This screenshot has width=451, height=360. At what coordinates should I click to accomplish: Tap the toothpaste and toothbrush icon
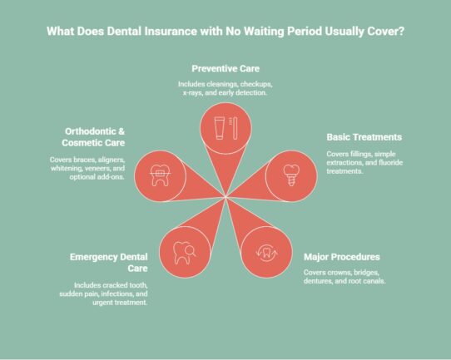226,130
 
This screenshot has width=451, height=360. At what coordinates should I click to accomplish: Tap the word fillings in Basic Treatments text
359,155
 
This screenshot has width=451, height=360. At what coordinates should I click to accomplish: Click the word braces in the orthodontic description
73,160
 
